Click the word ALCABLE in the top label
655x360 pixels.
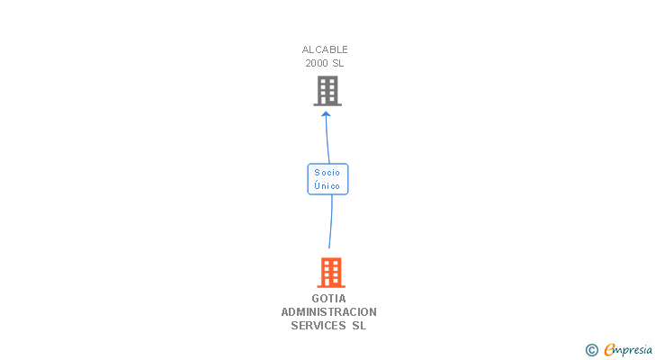pyautogui.click(x=325, y=49)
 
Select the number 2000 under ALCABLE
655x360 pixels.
pyautogui.click(x=316, y=63)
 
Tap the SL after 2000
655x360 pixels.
pyautogui.click(x=337, y=63)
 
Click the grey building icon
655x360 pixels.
pyautogui.click(x=327, y=91)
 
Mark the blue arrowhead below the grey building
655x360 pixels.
pyautogui.click(x=326, y=114)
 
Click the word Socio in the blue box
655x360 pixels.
pyautogui.click(x=327, y=172)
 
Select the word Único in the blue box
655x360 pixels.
pyautogui.click(x=327, y=185)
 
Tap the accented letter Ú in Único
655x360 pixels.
pyautogui.click(x=317, y=184)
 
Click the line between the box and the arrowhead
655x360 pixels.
pyautogui.click(x=327, y=139)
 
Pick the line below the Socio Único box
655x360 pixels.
pyautogui.click(x=331, y=221)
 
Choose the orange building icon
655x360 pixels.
pyautogui.click(x=331, y=272)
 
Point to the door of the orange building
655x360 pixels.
pyautogui.click(x=331, y=282)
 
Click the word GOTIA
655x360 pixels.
pyautogui.click(x=329, y=299)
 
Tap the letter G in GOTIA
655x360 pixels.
pyautogui.click(x=316, y=299)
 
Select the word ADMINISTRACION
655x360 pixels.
pyautogui.click(x=329, y=312)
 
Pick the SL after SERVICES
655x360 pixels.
pyautogui.click(x=359, y=326)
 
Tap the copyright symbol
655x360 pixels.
pyautogui.click(x=592, y=350)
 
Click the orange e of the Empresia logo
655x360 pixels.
pyautogui.click(x=610, y=350)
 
